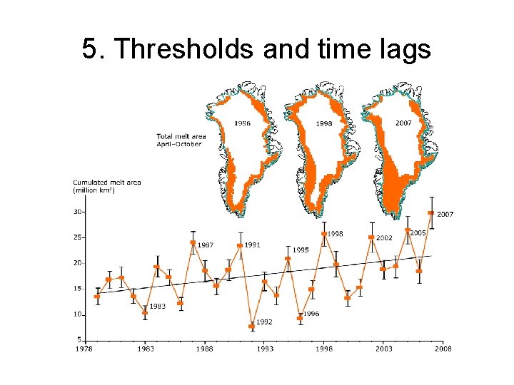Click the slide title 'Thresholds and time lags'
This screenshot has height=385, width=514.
pos(256,49)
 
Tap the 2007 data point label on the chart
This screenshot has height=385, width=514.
pos(445,214)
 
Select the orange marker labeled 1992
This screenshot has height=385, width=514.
pos(252,327)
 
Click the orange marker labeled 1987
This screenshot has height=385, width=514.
pos(193,242)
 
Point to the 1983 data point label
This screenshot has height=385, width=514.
pos(157,306)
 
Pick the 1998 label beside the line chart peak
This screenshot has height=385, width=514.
pos(335,233)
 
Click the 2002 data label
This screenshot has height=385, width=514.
pos(384,237)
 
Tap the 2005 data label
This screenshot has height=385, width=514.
pos(418,232)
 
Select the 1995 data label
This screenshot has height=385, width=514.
pos(301,250)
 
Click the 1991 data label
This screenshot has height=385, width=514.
pos(251,245)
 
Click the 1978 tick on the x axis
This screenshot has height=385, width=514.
pos(85,349)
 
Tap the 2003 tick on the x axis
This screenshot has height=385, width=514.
pos(383,349)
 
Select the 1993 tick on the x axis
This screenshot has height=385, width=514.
pos(265,349)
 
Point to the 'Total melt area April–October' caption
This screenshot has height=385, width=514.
pos(179,140)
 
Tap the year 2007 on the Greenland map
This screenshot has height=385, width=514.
pos(403,123)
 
